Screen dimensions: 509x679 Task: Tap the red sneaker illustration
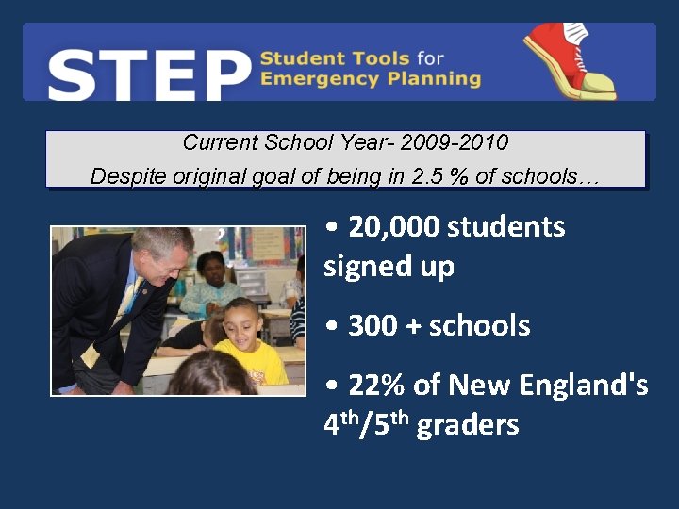click(x=570, y=59)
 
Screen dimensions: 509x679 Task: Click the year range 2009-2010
click(x=455, y=143)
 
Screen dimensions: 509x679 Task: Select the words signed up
click(x=389, y=267)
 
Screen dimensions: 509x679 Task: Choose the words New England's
click(x=547, y=386)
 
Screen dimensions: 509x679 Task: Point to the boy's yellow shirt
click(x=252, y=362)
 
